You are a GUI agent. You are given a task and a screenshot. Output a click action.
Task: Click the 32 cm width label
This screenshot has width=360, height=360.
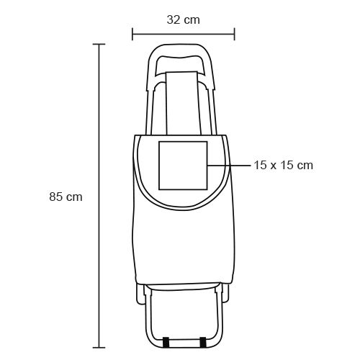(x=184, y=19)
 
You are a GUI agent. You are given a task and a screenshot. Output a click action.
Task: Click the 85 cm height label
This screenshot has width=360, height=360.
(x=66, y=197)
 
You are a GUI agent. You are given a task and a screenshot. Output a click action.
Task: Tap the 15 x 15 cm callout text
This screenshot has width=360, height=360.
(x=284, y=166)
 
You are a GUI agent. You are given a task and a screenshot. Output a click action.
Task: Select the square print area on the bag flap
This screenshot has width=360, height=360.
(x=183, y=166)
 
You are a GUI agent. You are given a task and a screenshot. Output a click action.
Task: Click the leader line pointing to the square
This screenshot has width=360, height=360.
(x=230, y=166)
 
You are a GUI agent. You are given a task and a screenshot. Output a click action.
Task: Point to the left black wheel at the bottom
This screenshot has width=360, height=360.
(x=166, y=342)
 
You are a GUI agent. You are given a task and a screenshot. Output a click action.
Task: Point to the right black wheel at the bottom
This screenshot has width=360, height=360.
(x=203, y=342)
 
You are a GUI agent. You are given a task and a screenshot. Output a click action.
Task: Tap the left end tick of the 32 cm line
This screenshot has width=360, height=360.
(x=132, y=34)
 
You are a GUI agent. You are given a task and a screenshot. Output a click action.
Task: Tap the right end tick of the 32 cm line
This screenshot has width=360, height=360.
(x=235, y=34)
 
